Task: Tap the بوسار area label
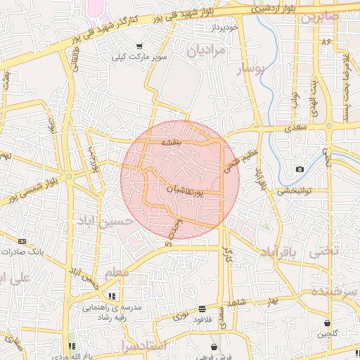pyautogui.click(x=249, y=68)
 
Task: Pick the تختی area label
pyautogui.click(x=325, y=250)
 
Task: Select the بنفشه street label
pyautogui.click(x=172, y=142)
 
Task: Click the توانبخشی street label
pyautogui.click(x=295, y=191)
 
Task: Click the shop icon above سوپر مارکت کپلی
pyautogui.click(x=139, y=46)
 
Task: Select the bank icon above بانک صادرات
pyautogui.click(x=21, y=241)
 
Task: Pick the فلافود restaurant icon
pyautogui.click(x=202, y=309)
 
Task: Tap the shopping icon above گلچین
pyautogui.click(x=327, y=323)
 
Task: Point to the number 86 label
pyautogui.click(x=326, y=42)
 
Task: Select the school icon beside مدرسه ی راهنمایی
pyautogui.click(x=112, y=296)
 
